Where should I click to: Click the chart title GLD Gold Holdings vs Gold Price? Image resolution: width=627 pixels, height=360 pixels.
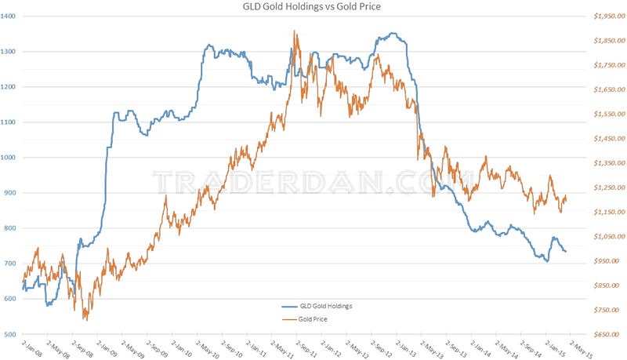click(313, 7)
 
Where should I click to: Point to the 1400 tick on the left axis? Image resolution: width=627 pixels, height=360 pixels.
click(10, 16)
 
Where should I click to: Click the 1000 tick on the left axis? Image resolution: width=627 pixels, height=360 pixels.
click(10, 158)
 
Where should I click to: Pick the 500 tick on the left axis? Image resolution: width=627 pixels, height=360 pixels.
click(12, 334)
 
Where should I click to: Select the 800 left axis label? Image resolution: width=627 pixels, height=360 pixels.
click(12, 228)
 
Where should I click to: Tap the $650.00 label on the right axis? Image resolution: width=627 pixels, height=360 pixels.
click(606, 334)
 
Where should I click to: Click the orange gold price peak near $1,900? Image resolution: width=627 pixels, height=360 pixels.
click(294, 31)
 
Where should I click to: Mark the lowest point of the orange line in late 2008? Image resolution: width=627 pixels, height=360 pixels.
click(85, 319)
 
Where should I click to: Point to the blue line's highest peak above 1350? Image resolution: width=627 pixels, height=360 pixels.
click(393, 33)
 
